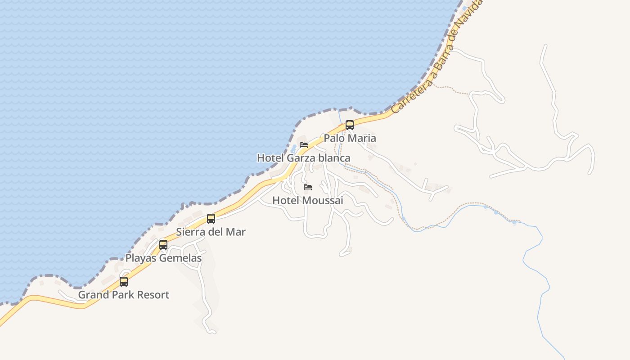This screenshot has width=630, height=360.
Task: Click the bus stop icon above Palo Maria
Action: click(350, 125)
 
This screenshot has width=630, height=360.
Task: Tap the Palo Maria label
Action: click(350, 138)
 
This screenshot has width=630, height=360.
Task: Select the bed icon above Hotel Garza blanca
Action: click(304, 145)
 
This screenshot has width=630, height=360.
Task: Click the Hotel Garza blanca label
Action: click(303, 158)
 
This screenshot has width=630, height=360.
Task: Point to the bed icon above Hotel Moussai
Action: click(308, 187)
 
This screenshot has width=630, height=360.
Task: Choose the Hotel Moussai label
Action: click(308, 200)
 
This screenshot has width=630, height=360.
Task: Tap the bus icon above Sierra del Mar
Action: click(211, 219)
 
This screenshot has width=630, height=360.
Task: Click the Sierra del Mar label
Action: click(211, 232)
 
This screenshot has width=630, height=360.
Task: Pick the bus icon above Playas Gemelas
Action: click(163, 245)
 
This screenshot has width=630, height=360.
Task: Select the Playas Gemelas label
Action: click(163, 258)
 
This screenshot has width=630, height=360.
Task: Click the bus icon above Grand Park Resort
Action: click(124, 282)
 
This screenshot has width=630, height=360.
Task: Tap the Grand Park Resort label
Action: click(124, 295)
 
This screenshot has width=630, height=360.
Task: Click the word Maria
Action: click(362, 138)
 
